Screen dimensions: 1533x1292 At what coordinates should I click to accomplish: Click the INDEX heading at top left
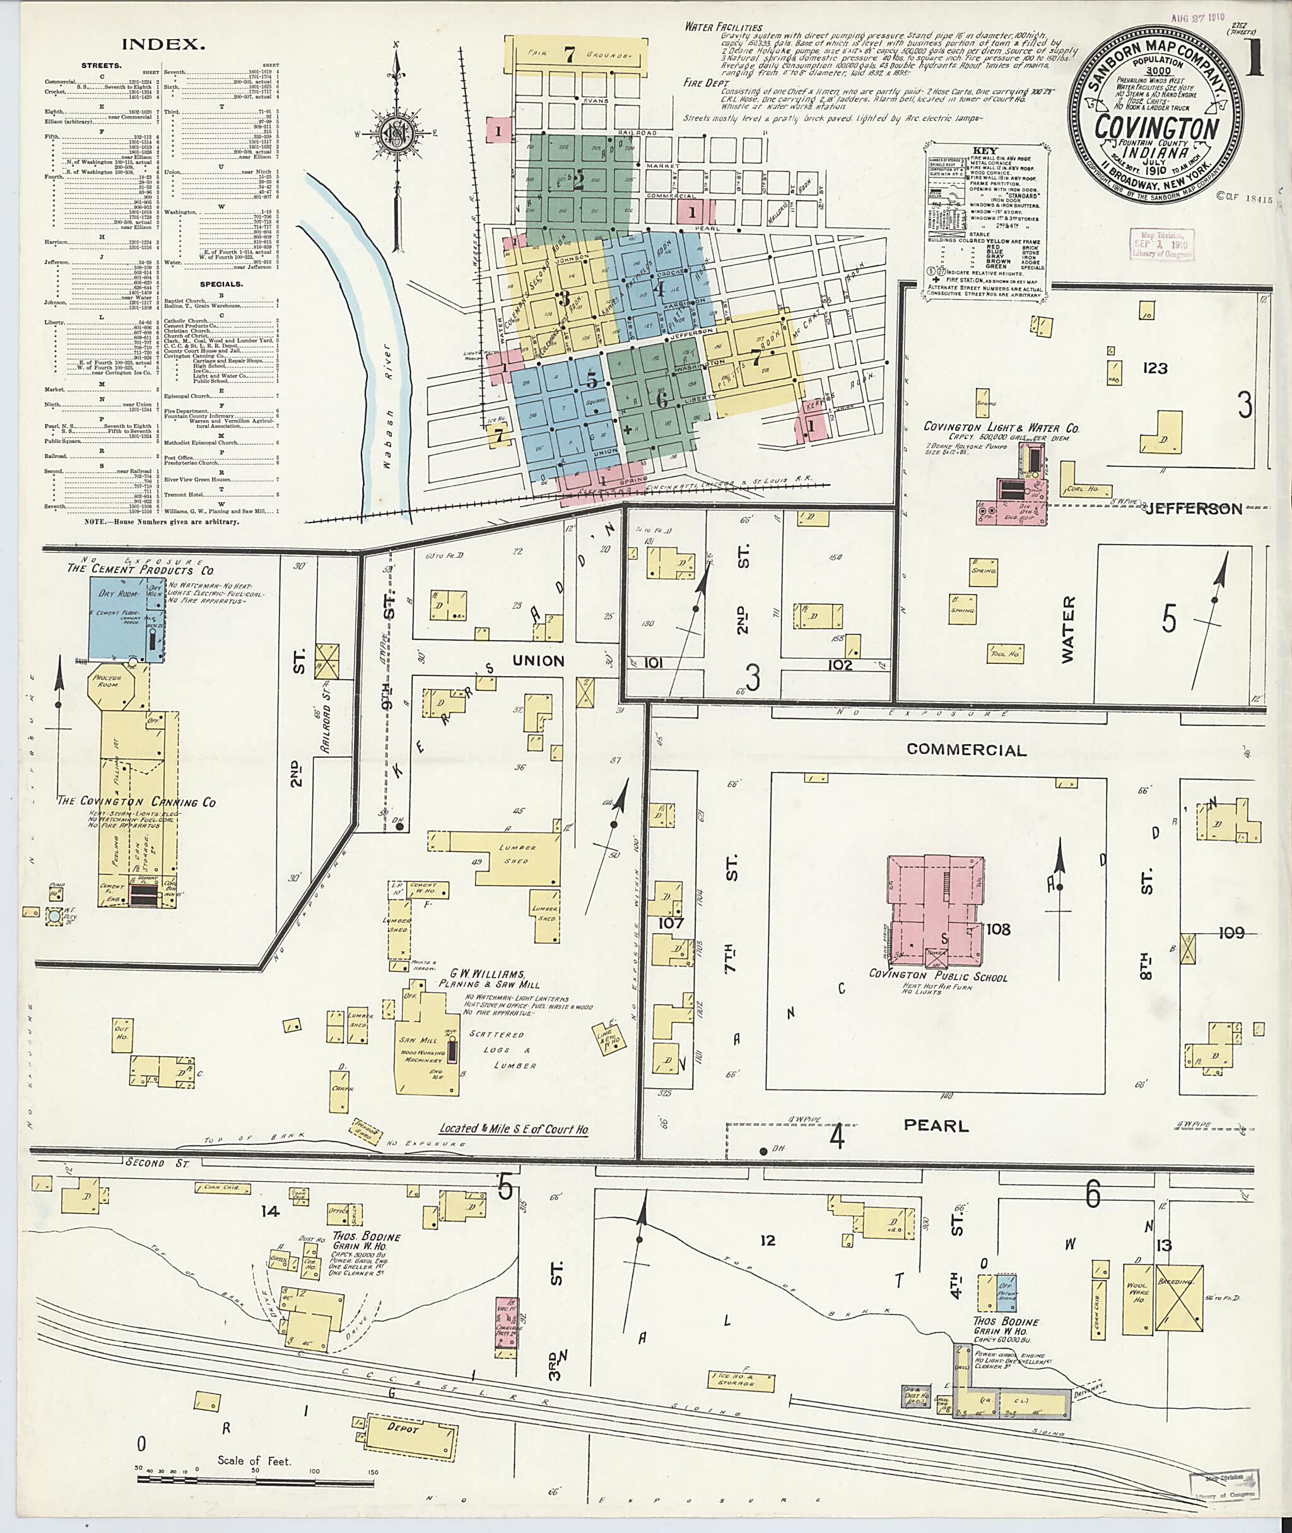[162, 44]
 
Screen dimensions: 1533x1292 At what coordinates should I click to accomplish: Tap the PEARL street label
[936, 1125]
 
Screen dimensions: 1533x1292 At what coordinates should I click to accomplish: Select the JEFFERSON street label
[1194, 509]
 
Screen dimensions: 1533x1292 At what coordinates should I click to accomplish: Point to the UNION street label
[538, 661]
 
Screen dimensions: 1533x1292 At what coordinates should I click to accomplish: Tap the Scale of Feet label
[254, 1461]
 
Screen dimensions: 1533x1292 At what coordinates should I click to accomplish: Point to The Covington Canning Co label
[138, 802]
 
